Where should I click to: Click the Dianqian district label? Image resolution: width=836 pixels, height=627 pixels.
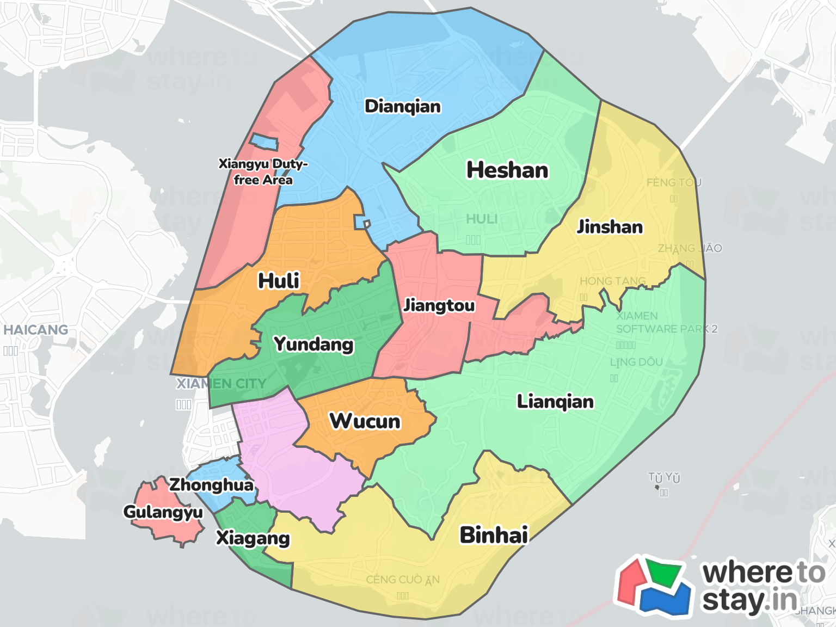click(403, 106)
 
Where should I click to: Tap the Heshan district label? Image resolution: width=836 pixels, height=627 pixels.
click(507, 170)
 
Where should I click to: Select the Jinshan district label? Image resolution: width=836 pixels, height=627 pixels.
click(610, 226)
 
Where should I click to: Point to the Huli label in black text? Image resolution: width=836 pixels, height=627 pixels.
click(279, 281)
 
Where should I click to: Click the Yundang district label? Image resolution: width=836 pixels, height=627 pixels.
click(313, 344)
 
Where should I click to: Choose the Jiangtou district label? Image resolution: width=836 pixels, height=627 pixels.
click(439, 305)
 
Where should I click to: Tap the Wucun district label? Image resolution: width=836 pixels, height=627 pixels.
click(365, 421)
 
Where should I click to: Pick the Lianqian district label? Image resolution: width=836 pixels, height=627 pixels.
click(555, 402)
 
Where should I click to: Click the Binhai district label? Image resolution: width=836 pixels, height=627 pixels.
click(494, 535)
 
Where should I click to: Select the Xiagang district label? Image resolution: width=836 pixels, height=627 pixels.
click(253, 538)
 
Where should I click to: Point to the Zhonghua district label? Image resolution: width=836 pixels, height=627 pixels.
click(211, 484)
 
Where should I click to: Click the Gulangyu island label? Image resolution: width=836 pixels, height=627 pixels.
click(163, 512)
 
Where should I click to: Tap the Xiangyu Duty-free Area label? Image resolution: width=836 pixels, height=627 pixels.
click(263, 171)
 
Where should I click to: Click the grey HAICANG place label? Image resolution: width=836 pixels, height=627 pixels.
click(36, 330)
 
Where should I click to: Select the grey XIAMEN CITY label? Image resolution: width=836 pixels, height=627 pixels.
click(222, 384)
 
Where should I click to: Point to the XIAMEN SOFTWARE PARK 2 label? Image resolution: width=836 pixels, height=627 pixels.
click(667, 322)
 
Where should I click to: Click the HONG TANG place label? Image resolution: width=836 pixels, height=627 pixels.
click(613, 281)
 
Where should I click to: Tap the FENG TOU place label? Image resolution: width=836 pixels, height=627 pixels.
click(674, 182)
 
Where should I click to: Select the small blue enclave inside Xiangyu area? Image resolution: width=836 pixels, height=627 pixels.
click(264, 142)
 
